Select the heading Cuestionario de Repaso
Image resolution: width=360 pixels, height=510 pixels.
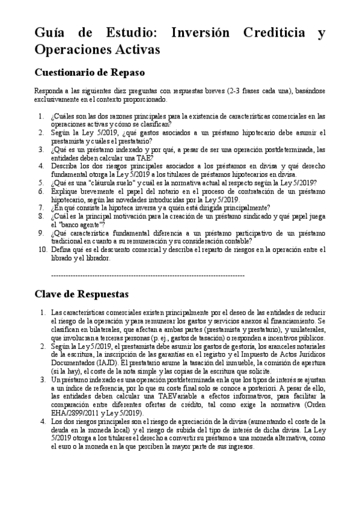(90, 73)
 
